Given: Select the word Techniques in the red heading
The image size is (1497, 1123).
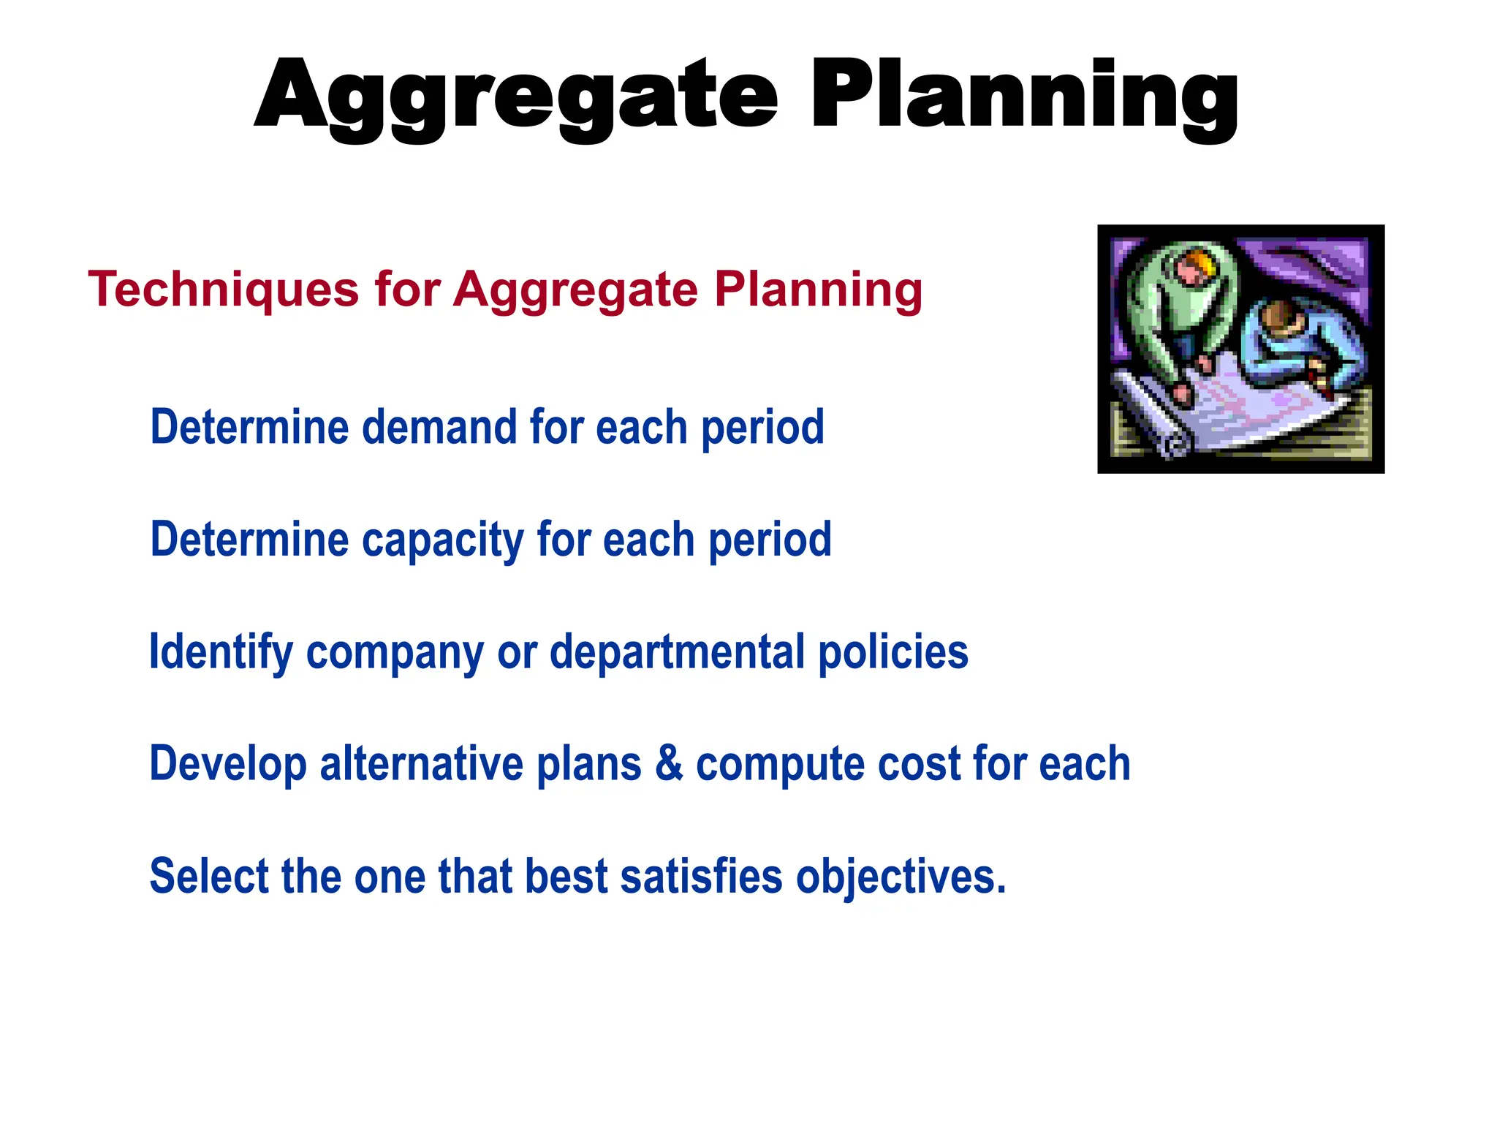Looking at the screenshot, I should pyautogui.click(x=223, y=290).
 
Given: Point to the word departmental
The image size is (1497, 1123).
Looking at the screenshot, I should pyautogui.click(x=677, y=652).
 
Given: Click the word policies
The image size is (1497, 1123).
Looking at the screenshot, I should pyautogui.click(x=892, y=652).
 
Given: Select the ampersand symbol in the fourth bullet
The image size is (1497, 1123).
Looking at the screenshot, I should pyautogui.click(x=668, y=764).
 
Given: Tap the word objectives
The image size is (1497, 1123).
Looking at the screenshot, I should pyautogui.click(x=900, y=877).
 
